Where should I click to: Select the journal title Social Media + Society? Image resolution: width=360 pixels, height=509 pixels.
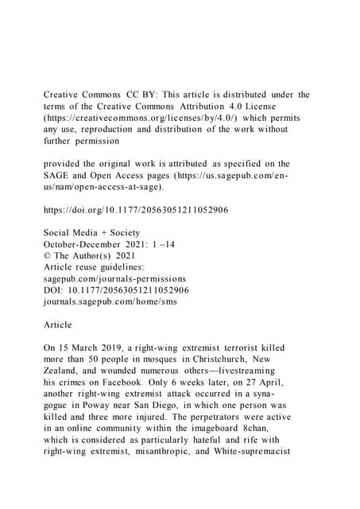click(92, 247)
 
